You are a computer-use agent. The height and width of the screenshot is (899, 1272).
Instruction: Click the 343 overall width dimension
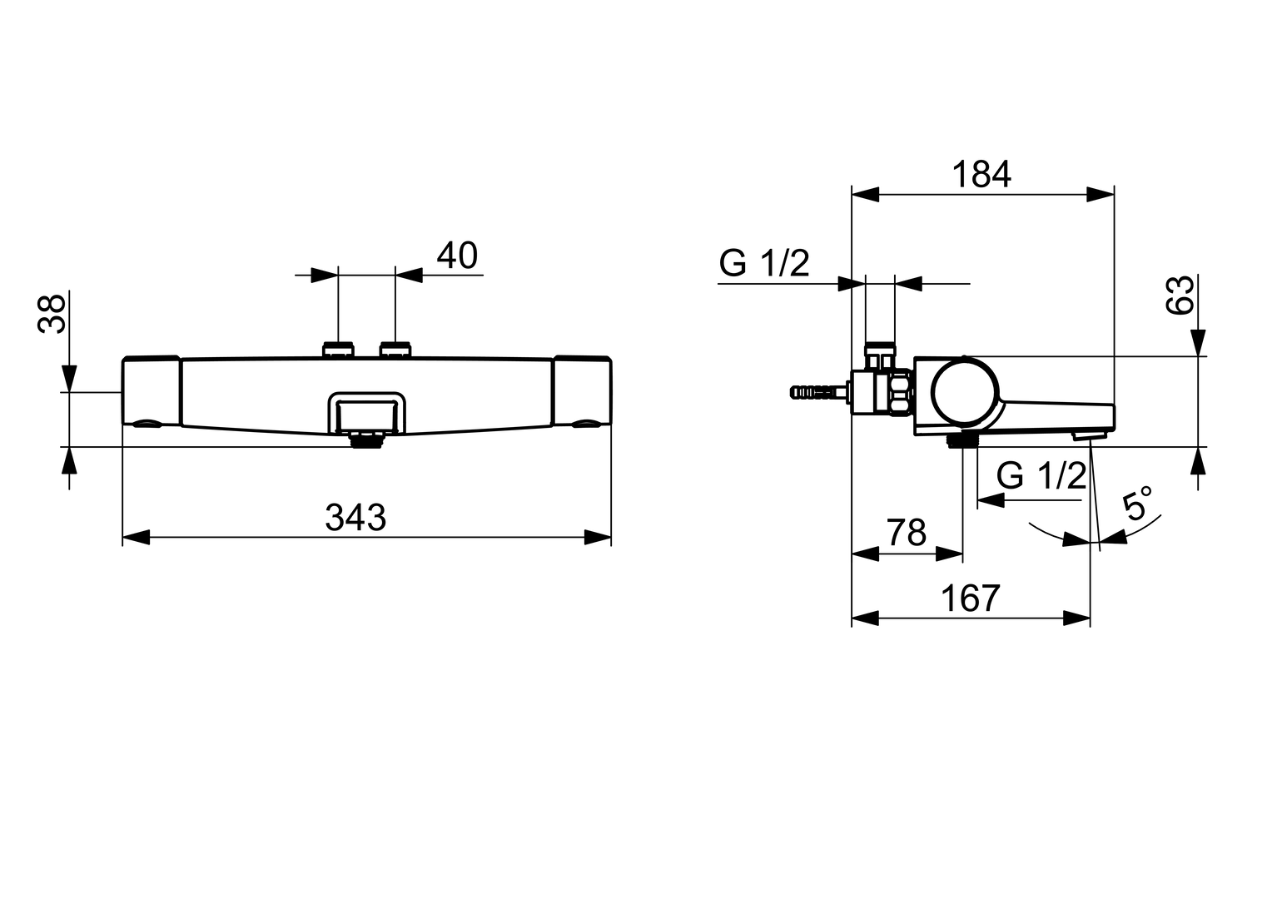[x=355, y=518]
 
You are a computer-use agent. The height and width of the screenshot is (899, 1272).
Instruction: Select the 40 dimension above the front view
[x=457, y=256]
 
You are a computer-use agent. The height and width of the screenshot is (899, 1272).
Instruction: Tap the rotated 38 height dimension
[x=52, y=314]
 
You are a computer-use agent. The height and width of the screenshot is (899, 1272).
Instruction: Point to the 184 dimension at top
[x=981, y=175]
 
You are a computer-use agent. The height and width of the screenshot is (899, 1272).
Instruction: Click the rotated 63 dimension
[x=1180, y=295]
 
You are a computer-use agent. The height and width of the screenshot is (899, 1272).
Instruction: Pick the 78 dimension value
[x=906, y=533]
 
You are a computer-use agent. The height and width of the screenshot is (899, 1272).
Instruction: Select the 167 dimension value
[x=970, y=599]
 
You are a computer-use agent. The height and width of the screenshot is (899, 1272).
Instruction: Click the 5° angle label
[x=1138, y=504]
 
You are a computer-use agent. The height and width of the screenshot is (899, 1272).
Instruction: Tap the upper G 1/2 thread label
[x=763, y=264]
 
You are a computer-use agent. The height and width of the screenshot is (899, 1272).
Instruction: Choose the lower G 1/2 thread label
[x=1041, y=476]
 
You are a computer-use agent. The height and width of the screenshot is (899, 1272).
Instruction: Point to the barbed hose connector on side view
[x=817, y=390]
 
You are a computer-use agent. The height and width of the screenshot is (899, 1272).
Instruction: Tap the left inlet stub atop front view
[x=338, y=349]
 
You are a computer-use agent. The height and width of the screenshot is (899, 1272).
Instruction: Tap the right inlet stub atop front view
[x=395, y=349]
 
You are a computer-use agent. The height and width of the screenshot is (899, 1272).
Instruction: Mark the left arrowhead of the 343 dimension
[x=136, y=537]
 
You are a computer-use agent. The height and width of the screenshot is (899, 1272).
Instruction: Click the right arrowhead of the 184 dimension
[x=1101, y=194]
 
